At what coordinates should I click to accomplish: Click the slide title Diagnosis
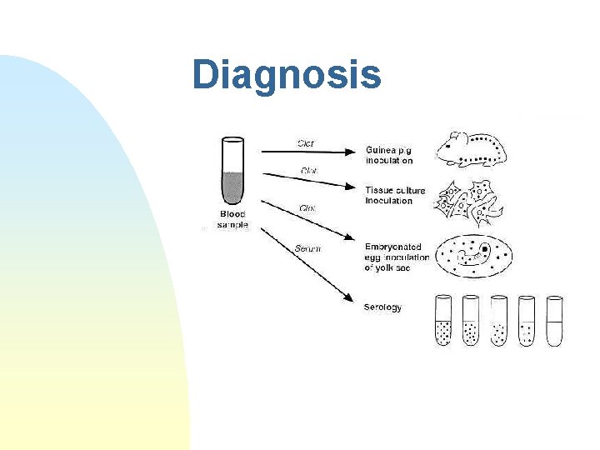tap(286, 74)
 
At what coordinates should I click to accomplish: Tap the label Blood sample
tap(232, 219)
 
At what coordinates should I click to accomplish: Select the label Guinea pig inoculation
tap(389, 155)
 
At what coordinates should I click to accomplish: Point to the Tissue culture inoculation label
tap(394, 195)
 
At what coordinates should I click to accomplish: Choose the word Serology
tap(382, 307)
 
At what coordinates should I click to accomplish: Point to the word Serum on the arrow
tap(307, 248)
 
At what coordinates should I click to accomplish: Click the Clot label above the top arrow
tap(307, 142)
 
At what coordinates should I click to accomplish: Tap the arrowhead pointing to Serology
tap(344, 298)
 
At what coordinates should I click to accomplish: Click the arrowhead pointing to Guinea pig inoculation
tap(351, 152)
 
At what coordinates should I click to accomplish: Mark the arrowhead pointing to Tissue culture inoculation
tap(351, 185)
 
